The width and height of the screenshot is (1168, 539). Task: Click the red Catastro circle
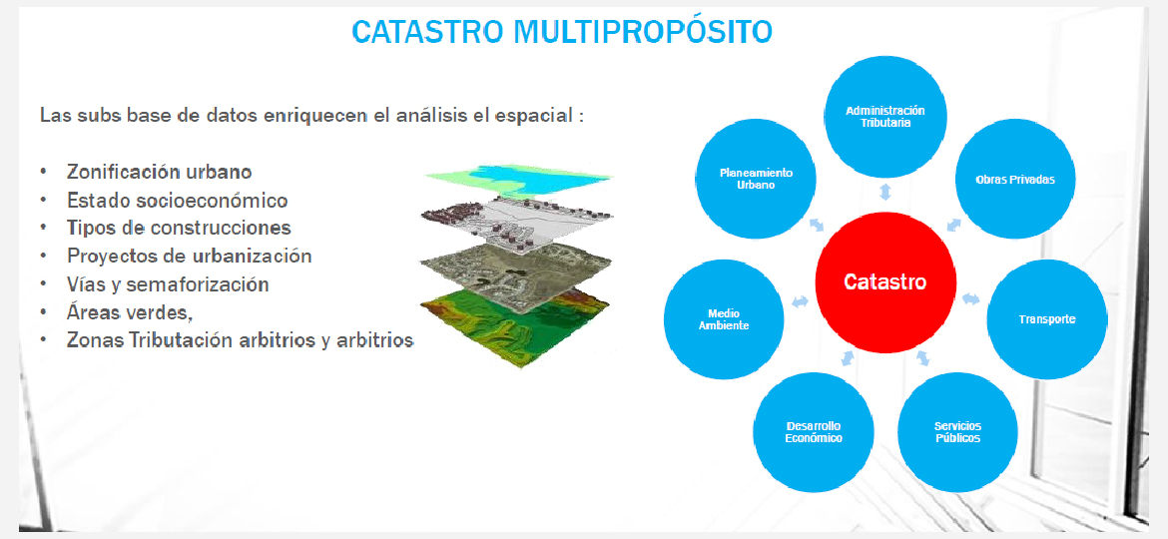pos(885,282)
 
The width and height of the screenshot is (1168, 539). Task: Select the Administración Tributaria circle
pos(884,117)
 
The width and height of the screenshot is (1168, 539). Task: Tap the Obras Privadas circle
pos(1015,180)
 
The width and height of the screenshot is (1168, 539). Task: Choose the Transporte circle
pos(1047,319)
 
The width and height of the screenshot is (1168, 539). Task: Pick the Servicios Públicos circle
pos(958,432)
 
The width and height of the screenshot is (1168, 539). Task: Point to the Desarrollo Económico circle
pos(814,432)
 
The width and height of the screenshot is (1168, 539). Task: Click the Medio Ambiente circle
pos(724,319)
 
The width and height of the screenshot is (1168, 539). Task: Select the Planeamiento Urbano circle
pos(756,179)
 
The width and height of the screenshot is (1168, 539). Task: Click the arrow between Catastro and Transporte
pos(970,298)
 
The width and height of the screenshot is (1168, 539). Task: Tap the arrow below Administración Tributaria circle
pos(884,192)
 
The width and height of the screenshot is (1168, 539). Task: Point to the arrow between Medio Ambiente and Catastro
pos(800,301)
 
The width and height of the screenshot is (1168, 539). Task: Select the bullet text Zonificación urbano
pos(160,172)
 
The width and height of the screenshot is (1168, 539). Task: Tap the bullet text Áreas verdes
pos(130,312)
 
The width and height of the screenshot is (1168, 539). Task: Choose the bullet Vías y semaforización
pos(168,284)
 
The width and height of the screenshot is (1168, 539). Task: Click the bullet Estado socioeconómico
pos(178,201)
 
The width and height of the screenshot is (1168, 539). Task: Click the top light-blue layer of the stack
pos(518,180)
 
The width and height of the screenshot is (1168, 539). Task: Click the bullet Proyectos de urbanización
pos(190,257)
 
